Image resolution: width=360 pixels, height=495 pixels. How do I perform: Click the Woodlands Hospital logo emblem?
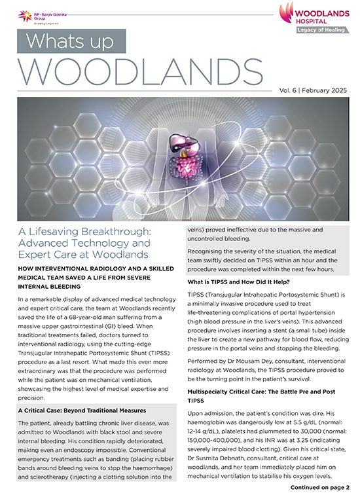289,11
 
